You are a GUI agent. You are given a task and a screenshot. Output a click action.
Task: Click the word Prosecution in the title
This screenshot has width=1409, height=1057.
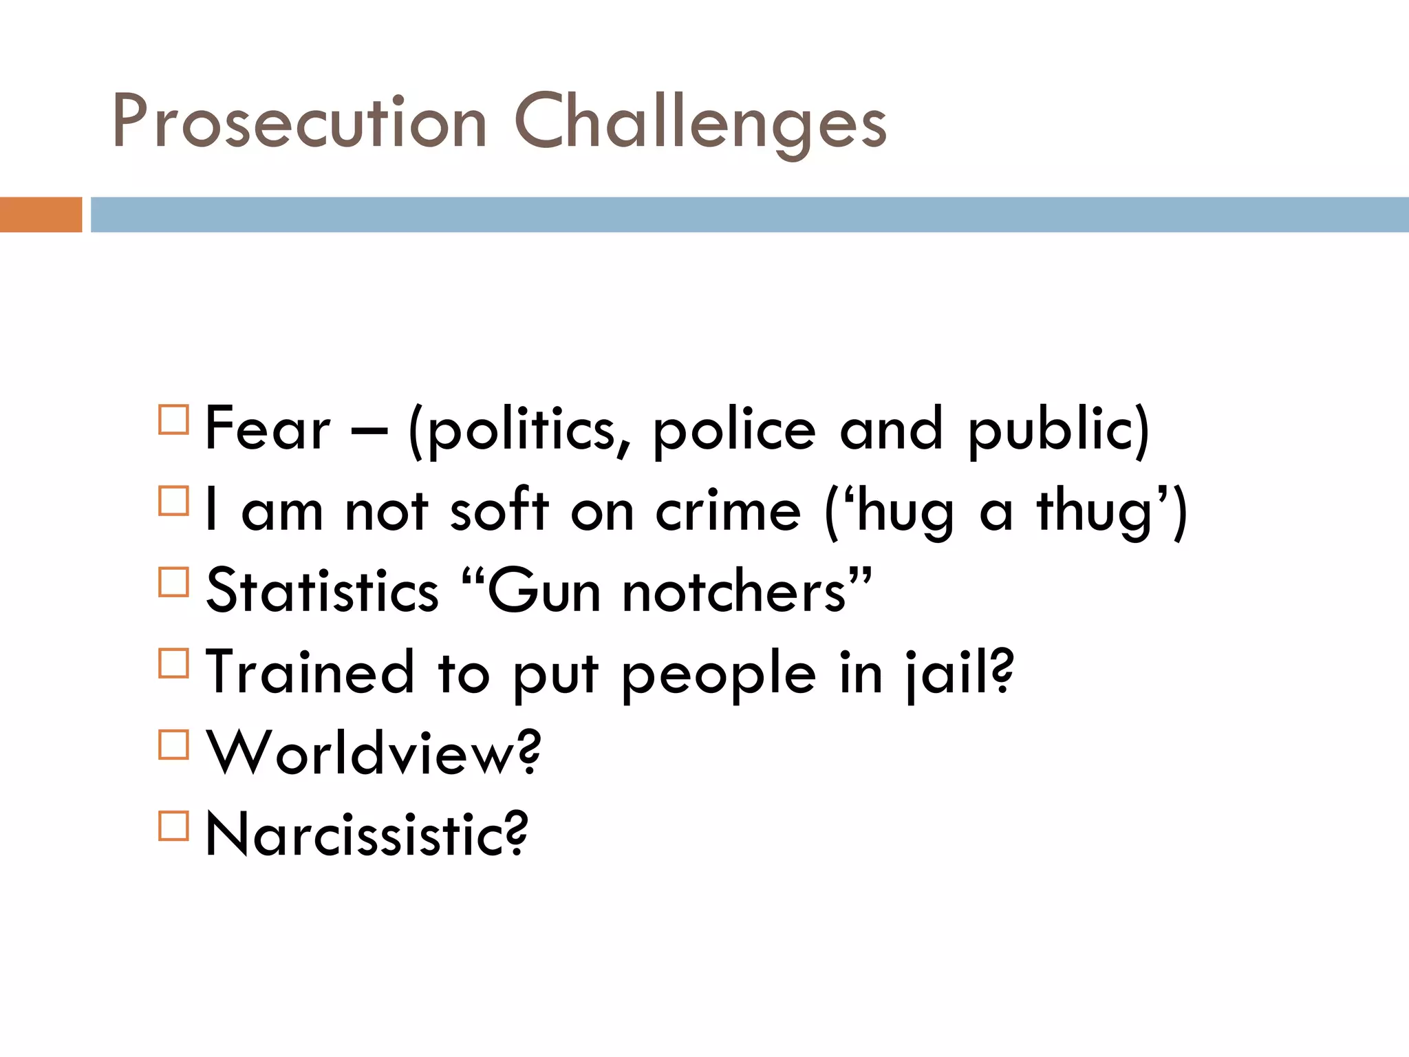pos(300,122)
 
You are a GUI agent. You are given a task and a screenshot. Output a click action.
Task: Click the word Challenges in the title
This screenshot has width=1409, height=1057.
pos(700,124)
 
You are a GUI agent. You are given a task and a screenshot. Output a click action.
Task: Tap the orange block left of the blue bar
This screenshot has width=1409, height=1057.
pos(41,215)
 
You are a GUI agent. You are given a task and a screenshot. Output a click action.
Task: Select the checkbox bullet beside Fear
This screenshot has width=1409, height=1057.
pos(173,419)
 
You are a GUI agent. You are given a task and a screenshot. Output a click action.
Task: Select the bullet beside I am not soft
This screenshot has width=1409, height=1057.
pos(173,500)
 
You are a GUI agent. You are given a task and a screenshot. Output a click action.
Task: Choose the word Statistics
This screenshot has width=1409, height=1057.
pos(322,591)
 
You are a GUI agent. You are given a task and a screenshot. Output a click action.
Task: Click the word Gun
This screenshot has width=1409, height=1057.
pos(544,592)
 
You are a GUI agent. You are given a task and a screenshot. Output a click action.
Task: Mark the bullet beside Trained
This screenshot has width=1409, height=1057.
pos(173,663)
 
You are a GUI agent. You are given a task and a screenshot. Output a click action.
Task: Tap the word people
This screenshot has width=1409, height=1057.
pos(718,675)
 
